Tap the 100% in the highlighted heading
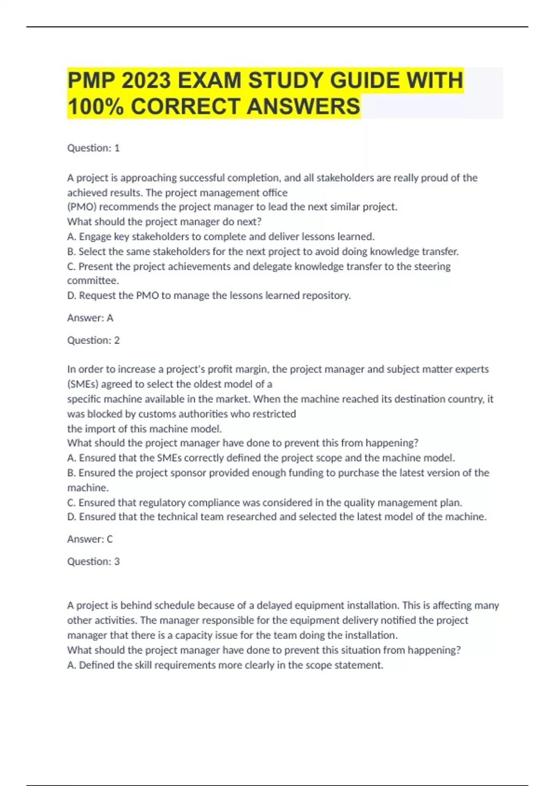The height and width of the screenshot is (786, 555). click(96, 107)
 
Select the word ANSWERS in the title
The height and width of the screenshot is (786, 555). click(303, 107)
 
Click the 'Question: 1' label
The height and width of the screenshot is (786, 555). click(93, 148)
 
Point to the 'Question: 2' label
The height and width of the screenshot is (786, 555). click(93, 340)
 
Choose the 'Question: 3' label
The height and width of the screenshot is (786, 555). click(93, 561)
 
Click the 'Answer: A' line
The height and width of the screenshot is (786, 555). click(90, 318)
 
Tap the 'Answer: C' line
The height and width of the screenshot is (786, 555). click(90, 539)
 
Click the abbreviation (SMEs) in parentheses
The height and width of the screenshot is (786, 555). click(83, 384)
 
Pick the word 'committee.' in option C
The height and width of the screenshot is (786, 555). click(93, 281)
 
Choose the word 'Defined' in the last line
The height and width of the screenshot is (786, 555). click(96, 665)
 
